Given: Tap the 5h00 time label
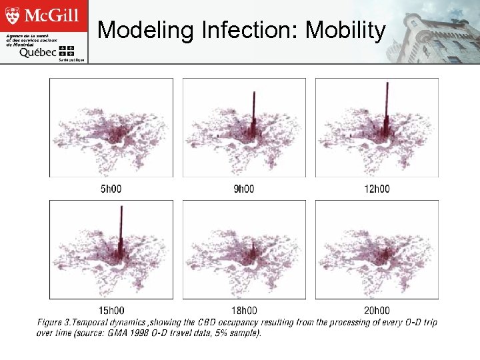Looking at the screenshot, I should point(111,189).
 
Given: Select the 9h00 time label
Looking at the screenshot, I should point(243,189).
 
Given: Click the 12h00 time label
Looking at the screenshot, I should point(376,189).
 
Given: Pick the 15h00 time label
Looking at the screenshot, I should point(111,311).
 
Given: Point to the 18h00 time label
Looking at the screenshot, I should point(243,311).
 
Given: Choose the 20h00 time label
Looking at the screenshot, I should point(376,311).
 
